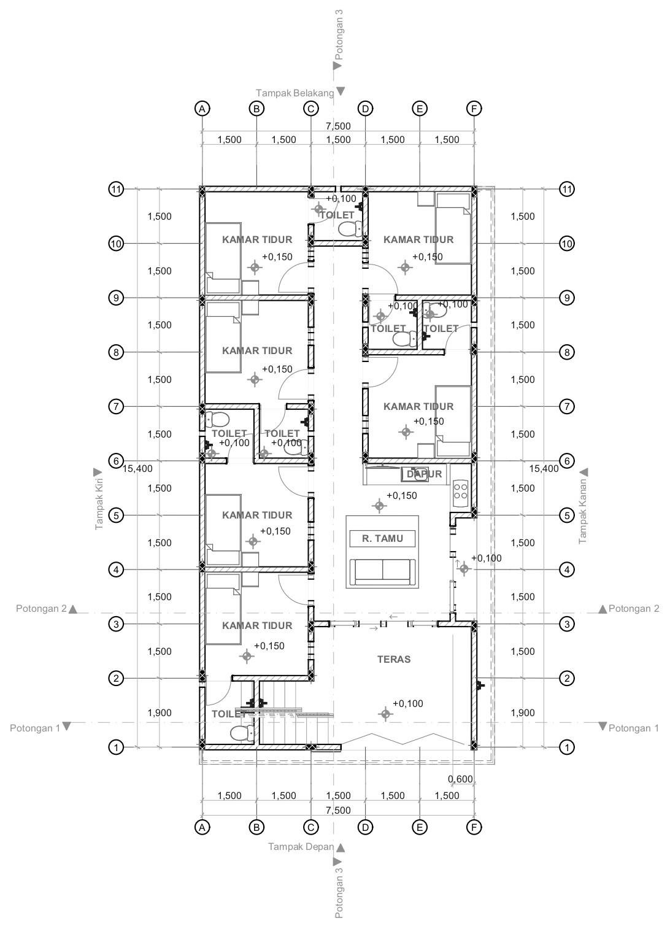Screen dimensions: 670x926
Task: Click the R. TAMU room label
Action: click(x=382, y=538)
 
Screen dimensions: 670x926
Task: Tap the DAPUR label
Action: click(x=424, y=474)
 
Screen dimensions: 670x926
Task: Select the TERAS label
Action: click(x=393, y=659)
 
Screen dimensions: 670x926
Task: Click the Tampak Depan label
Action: click(x=301, y=846)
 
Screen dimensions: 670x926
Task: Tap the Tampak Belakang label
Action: click(x=295, y=93)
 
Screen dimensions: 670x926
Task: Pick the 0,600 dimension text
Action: click(x=460, y=779)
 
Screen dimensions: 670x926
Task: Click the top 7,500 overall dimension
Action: click(x=338, y=126)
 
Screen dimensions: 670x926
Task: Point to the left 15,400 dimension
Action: click(x=137, y=468)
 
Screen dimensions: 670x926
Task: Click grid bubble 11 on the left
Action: click(x=116, y=189)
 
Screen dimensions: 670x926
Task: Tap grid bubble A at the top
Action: click(x=202, y=109)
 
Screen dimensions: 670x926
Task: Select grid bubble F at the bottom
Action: click(x=474, y=827)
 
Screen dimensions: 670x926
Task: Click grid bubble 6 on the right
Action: click(x=567, y=461)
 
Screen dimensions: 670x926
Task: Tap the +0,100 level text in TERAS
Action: click(x=407, y=703)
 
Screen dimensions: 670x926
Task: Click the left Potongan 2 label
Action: click(x=41, y=609)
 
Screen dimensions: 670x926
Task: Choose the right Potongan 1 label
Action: click(x=633, y=728)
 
